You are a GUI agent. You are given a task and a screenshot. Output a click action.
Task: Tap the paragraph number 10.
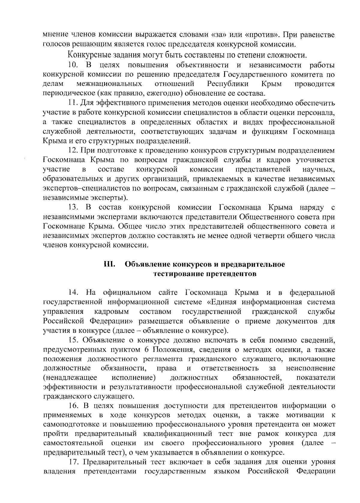coord(73,65)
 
